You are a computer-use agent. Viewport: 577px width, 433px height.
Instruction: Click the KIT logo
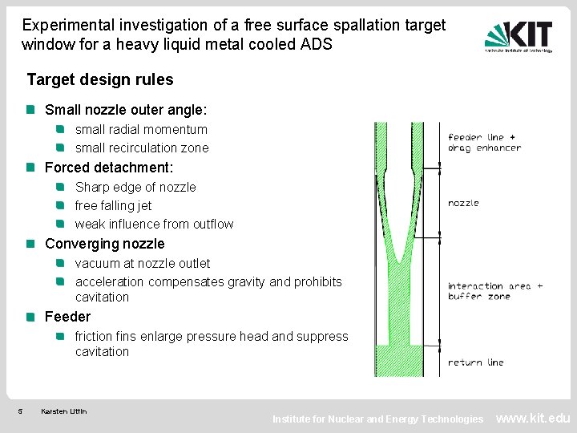pos(518,36)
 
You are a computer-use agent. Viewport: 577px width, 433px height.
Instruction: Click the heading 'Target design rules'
pos(100,80)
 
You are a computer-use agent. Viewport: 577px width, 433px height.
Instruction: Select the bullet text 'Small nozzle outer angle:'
pos(126,110)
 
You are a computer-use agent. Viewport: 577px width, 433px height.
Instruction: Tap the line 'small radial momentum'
pos(141,129)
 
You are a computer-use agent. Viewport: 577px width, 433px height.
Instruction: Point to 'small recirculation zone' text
pos(142,148)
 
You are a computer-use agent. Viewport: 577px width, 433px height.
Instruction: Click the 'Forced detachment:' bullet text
pos(109,168)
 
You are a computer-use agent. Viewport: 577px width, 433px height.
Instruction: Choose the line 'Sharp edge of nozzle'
pos(135,187)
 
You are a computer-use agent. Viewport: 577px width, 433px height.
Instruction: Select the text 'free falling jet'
pos(113,205)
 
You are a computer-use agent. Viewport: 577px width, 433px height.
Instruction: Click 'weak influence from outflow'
pos(154,224)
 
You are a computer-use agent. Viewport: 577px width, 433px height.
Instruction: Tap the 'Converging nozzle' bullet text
pos(104,244)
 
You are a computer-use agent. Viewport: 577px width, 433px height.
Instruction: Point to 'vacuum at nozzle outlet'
pos(143,263)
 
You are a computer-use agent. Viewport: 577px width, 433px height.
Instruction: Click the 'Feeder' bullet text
pos(67,317)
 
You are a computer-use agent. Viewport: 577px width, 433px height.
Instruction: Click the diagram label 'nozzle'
pos(463,203)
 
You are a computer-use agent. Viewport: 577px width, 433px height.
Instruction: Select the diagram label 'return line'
pos(475,362)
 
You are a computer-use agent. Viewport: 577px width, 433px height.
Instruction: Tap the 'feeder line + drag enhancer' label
pos(484,142)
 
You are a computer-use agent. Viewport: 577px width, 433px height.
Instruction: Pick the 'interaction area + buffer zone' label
pos(494,291)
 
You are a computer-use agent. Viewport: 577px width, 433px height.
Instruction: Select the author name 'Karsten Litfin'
pos(64,412)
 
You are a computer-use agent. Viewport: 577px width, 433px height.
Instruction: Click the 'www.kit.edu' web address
pos(533,418)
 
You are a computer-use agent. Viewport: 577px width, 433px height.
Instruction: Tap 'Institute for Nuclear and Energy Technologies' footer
pos(377,419)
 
